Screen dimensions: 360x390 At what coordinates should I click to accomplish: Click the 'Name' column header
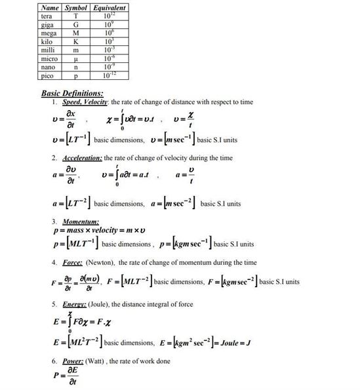[50, 7]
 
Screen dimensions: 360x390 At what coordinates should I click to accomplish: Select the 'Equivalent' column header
[109, 7]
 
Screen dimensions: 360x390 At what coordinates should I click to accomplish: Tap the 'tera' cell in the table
[47, 15]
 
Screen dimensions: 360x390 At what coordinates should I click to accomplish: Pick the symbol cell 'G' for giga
[76, 23]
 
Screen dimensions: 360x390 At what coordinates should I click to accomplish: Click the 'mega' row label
[49, 31]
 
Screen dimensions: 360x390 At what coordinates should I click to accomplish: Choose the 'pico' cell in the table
[47, 75]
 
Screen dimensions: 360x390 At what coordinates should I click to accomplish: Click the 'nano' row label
[48, 66]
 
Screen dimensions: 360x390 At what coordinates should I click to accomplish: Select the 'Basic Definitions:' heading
[72, 94]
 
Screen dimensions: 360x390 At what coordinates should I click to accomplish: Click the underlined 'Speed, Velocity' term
[86, 102]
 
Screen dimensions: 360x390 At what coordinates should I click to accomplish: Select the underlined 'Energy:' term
[75, 305]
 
